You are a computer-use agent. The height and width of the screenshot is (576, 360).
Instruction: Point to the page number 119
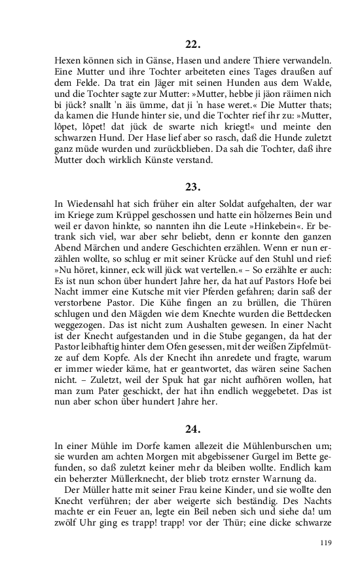327,542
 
